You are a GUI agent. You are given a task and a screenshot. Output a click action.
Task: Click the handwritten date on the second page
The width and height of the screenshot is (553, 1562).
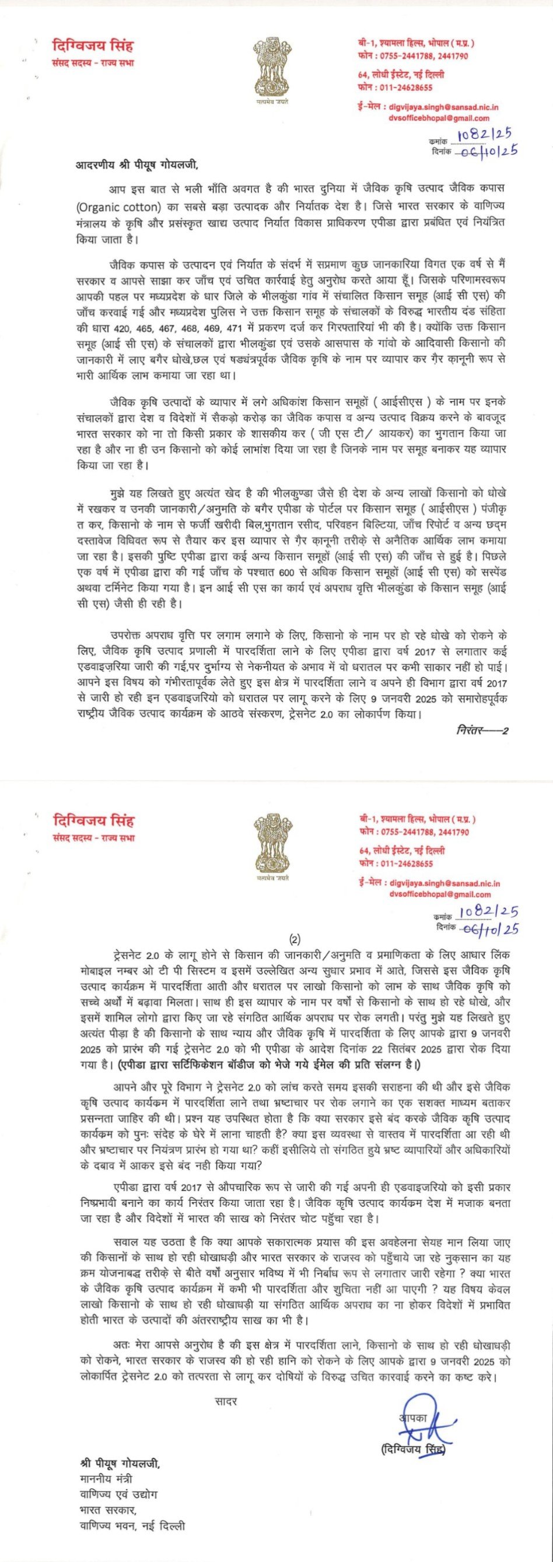[490, 928]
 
